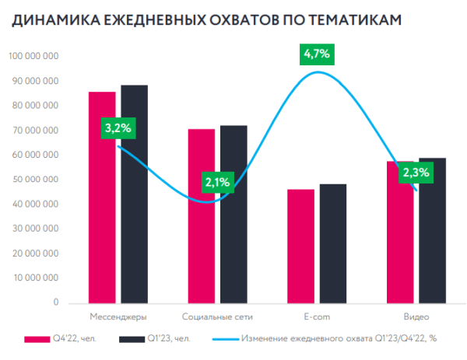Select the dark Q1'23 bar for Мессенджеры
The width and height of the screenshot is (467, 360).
[x=134, y=194]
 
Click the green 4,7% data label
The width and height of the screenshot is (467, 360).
[x=317, y=54]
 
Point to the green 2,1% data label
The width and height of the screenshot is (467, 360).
[x=217, y=182]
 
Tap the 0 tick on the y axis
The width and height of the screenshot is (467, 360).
[x=55, y=302]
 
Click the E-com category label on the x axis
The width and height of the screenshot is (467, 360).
[x=316, y=316]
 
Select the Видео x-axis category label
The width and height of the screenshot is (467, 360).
[x=416, y=316]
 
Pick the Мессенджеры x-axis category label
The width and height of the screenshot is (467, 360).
[x=118, y=316]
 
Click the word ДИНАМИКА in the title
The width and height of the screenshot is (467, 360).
[x=51, y=23]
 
